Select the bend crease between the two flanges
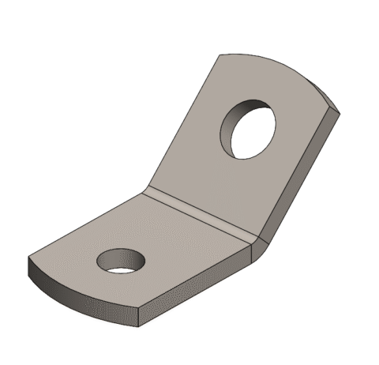click(201, 212)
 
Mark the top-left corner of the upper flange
click(219, 55)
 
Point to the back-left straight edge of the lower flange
click(87, 224)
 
